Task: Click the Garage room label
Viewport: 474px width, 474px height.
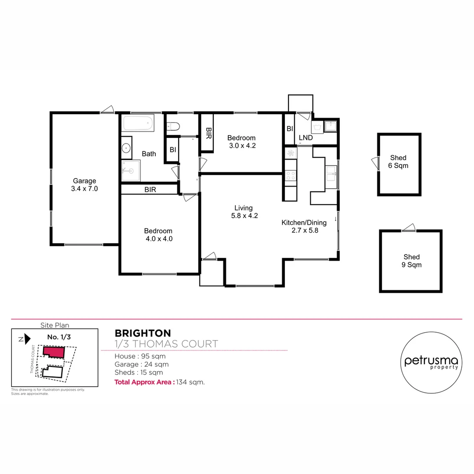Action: [84, 185]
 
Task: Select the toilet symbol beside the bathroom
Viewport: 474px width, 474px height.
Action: [173, 127]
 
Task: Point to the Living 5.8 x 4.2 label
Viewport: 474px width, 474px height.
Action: [243, 212]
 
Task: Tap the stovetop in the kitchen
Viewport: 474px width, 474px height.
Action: [290, 176]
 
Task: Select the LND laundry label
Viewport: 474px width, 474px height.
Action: [305, 138]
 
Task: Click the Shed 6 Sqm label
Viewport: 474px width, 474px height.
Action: [398, 162]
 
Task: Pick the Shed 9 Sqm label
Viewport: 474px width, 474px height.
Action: [411, 261]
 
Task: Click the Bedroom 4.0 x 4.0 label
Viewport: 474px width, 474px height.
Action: [158, 235]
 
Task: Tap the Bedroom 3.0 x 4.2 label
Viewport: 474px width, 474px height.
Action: [241, 142]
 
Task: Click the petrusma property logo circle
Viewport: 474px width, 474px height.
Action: [431, 362]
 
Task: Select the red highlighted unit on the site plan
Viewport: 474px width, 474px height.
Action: [54, 352]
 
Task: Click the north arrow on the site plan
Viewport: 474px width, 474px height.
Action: [26, 338]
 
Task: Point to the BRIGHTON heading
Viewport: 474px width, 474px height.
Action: [143, 334]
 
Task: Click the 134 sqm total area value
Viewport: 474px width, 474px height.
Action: [190, 382]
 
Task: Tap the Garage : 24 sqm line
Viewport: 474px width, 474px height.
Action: [141, 364]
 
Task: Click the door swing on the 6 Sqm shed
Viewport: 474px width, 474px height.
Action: [374, 163]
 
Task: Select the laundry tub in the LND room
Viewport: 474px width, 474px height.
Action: [317, 128]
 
